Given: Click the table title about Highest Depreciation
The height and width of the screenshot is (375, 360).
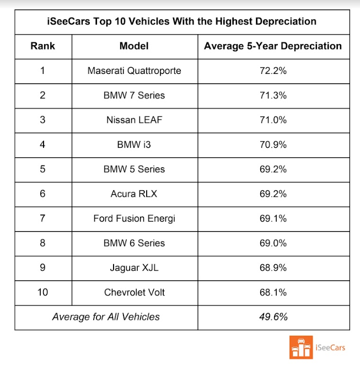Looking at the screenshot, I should coord(181,22).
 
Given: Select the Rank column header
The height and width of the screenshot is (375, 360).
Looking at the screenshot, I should coord(43,46).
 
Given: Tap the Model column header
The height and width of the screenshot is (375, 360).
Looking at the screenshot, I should coord(134,46).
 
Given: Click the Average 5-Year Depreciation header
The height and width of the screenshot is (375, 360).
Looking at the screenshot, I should coord(273,46).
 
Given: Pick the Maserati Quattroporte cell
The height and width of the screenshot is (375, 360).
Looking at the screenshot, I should coord(134,71).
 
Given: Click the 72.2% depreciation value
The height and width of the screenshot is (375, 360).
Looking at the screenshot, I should coord(273,71).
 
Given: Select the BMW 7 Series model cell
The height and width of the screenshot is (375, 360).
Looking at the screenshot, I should coord(134,95).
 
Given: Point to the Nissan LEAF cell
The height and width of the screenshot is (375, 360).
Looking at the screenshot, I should coord(134,120).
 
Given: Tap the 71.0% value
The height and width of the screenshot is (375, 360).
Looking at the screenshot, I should coord(273,120).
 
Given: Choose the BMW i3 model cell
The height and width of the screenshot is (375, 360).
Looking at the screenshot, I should coord(134,144).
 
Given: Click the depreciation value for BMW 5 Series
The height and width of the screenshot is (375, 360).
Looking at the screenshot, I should coord(273,169).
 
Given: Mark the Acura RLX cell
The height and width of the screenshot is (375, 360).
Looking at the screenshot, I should coord(134,194).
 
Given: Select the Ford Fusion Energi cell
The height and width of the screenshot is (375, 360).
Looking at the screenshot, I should coord(134,218).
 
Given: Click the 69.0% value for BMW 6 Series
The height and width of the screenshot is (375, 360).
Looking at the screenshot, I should coord(273,243).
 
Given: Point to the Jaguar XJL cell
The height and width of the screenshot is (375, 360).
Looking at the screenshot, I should coord(134,267).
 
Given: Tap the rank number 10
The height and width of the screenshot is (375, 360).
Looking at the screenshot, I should coord(43,292).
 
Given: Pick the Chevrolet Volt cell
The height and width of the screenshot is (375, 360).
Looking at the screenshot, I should coord(134,292).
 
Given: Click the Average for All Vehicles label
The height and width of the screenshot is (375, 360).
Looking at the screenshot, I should coord(106,317).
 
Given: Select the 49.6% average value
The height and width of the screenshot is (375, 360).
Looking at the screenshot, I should coord(273,317).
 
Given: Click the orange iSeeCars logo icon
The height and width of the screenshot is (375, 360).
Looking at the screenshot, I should coord(300,347).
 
